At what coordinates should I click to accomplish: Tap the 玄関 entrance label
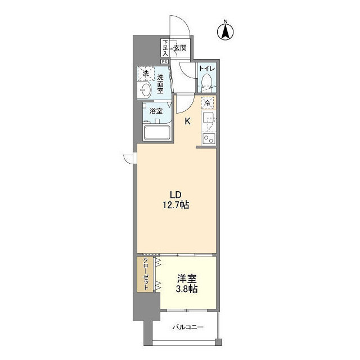pos(179,48)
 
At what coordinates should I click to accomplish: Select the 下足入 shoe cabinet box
pos(165,48)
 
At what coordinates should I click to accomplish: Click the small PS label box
pos(165,61)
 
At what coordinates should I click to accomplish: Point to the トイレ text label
pos(208,69)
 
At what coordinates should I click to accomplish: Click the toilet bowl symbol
pos(207,80)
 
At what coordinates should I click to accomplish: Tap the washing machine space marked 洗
pos(145,74)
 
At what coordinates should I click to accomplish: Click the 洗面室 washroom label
pos(160,84)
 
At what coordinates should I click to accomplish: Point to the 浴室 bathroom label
pos(156,111)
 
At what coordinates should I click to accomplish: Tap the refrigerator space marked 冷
pos(208,103)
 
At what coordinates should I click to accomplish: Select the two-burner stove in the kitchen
pos(208,138)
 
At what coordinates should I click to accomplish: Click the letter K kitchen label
pos(188,120)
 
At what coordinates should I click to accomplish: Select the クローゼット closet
pos(146,274)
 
